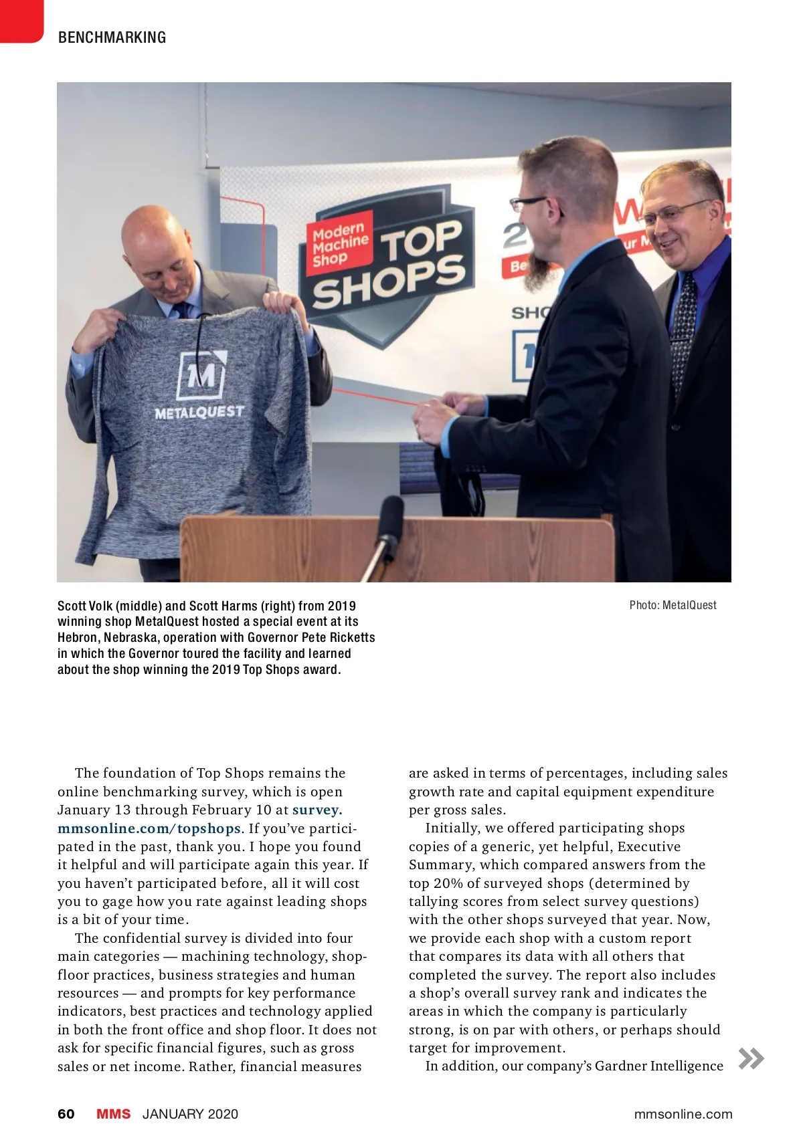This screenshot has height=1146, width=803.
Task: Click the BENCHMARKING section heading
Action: pyautogui.click(x=112, y=37)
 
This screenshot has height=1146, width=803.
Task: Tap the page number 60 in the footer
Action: pyautogui.click(x=66, y=1113)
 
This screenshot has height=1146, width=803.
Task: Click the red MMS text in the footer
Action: pyautogui.click(x=113, y=1113)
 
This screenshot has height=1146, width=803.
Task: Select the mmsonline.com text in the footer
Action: pyautogui.click(x=683, y=1114)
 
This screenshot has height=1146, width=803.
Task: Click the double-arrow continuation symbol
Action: pyautogui.click(x=751, y=1058)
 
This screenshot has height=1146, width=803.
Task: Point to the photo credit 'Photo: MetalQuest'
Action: pyautogui.click(x=673, y=605)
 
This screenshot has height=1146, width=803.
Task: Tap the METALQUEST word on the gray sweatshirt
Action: pyautogui.click(x=199, y=413)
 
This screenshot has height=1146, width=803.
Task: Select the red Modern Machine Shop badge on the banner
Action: pyautogui.click(x=341, y=245)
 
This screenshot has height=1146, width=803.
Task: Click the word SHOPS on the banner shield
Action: pyautogui.click(x=388, y=282)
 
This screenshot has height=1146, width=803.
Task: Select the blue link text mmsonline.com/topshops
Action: pyautogui.click(x=149, y=828)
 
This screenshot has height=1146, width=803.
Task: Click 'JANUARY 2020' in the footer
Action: pyautogui.click(x=190, y=1114)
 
